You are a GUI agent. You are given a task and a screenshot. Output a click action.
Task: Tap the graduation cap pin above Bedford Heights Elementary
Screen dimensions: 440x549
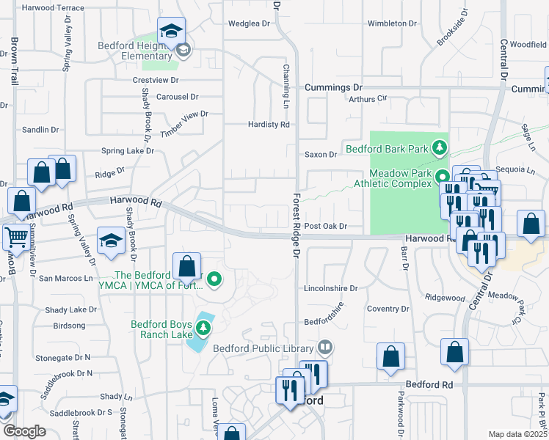[x=171, y=32]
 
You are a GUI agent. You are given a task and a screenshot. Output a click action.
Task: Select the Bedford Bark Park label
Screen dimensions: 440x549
[x=387, y=149]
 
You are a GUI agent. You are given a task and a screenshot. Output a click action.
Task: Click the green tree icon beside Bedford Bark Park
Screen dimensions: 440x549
[x=440, y=148]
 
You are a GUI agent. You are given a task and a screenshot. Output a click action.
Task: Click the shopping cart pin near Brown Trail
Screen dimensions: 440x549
[x=15, y=237]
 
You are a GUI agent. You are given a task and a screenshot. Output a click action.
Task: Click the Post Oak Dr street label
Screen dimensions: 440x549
[x=325, y=227]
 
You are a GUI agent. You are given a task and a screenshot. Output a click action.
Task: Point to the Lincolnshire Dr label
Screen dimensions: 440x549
[x=331, y=289]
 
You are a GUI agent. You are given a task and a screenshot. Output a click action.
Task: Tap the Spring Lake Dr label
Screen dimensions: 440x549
[x=128, y=151]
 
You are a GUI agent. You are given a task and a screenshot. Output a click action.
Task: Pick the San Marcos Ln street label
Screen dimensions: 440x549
[x=65, y=279]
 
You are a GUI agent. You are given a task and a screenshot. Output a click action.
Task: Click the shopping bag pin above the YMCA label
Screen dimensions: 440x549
[x=187, y=265]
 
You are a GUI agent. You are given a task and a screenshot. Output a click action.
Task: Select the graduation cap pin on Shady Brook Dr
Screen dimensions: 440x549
[x=111, y=241]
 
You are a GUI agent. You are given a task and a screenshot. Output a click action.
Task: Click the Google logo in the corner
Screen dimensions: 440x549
[x=23, y=431]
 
